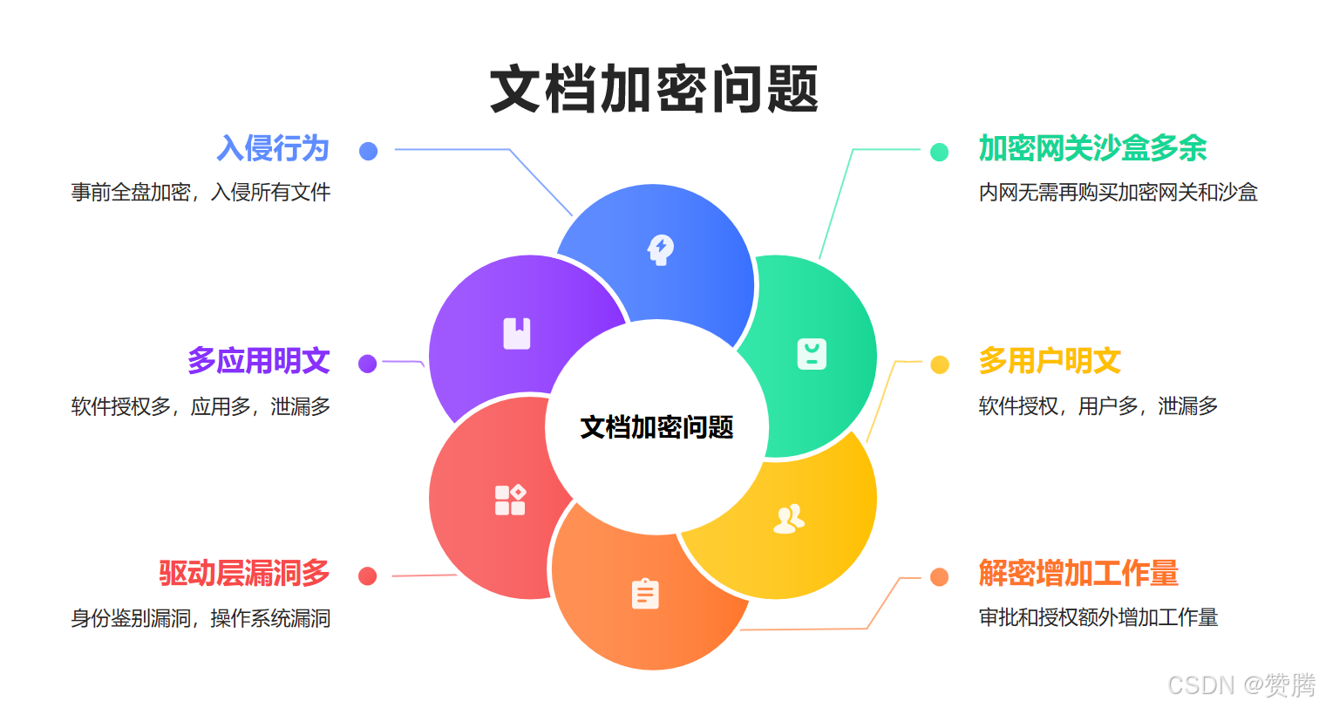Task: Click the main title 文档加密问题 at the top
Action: click(655, 89)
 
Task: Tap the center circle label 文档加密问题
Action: click(657, 427)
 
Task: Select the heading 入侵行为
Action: click(273, 148)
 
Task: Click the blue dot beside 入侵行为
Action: click(368, 151)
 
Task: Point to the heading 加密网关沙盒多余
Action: click(1092, 148)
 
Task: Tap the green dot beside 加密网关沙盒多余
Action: click(939, 152)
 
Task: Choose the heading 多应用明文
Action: click(258, 360)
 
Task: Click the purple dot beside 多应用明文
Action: click(367, 364)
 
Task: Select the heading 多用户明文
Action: click(1050, 360)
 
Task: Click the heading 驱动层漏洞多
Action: click(244, 573)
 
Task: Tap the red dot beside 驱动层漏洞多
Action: click(367, 576)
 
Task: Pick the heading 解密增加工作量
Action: click(1078, 573)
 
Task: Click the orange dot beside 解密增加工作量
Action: click(939, 577)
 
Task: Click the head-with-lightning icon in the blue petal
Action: click(661, 249)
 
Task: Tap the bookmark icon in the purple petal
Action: click(517, 333)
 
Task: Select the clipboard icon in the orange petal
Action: click(645, 594)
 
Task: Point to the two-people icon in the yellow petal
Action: click(788, 519)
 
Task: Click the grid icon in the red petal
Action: click(510, 500)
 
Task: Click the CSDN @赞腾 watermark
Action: click(1241, 684)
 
